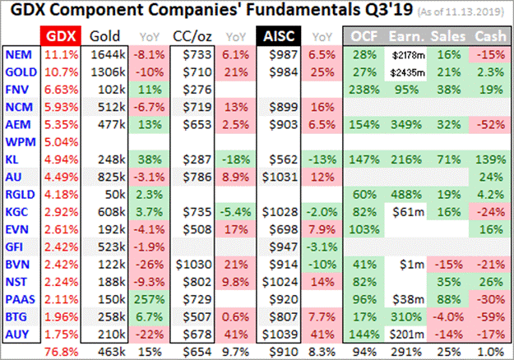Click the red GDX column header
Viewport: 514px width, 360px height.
pos(60,36)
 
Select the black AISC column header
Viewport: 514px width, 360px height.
pos(276,36)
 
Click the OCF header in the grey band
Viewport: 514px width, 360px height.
pos(364,36)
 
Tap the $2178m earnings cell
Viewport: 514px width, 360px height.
pos(405,54)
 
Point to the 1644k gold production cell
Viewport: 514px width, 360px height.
pos(104,54)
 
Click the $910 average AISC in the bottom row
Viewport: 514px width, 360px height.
pos(276,351)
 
